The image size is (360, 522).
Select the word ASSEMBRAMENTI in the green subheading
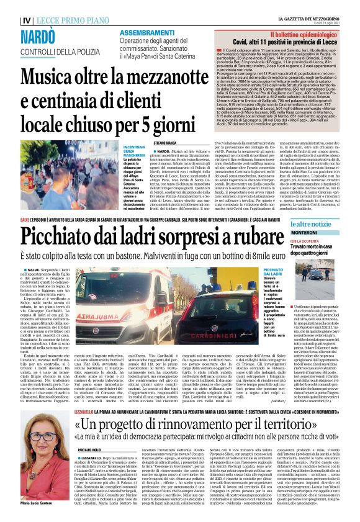pyautogui.click(x=146, y=32)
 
